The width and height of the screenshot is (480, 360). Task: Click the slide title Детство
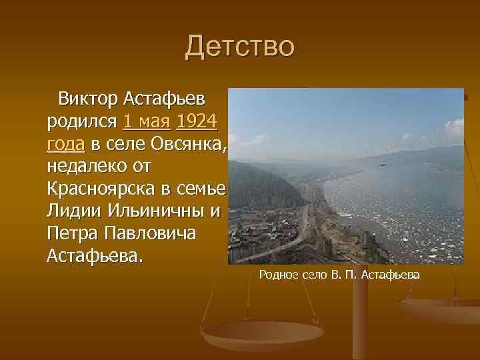coord(239,47)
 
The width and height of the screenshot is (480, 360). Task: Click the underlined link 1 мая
coord(147,122)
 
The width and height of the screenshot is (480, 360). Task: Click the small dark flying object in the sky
coord(381,164)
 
